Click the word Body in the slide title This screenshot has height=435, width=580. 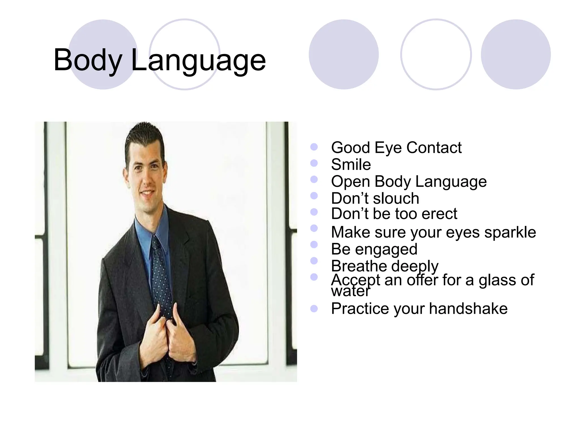(x=88, y=60)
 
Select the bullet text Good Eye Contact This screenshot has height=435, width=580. (x=396, y=148)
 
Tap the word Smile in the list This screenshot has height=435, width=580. (x=351, y=165)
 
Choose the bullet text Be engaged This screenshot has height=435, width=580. (x=374, y=249)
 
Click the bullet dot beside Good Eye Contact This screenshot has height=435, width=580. (x=314, y=147)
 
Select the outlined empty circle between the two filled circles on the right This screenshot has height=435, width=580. (x=436, y=54)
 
